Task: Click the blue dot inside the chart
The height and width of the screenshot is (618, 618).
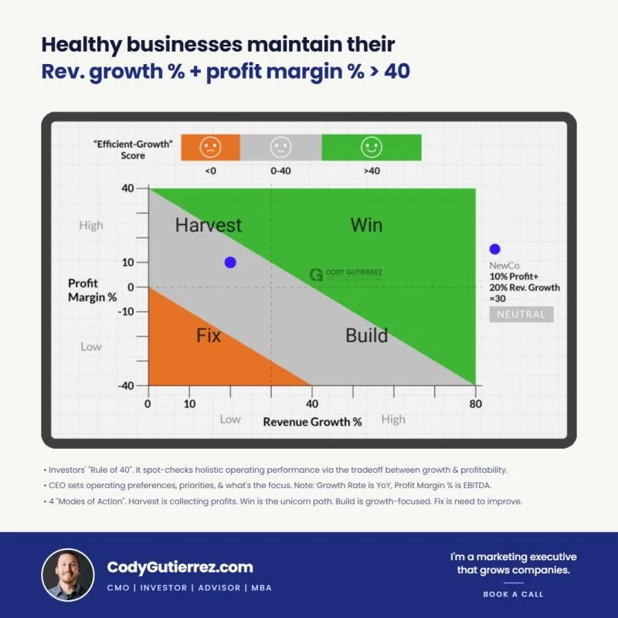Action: (x=230, y=262)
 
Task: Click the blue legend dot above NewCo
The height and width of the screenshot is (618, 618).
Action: (x=494, y=249)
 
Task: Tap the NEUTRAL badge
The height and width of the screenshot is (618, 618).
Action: (x=521, y=314)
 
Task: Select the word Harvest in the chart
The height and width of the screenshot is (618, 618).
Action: (x=208, y=225)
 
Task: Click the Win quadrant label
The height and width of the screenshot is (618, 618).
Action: (x=366, y=225)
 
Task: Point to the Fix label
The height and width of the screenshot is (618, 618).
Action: (x=209, y=336)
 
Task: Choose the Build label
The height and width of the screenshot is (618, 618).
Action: (x=366, y=336)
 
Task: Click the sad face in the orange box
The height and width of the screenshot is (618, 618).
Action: (x=210, y=147)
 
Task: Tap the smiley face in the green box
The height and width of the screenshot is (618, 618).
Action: (x=372, y=147)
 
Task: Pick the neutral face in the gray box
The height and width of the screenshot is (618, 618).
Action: (x=280, y=147)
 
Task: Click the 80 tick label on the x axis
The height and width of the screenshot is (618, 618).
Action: (x=475, y=404)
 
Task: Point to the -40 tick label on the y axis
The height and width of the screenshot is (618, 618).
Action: (x=126, y=385)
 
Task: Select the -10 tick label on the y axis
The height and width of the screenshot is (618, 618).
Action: (x=126, y=311)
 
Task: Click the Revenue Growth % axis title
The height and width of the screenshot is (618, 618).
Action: (x=312, y=422)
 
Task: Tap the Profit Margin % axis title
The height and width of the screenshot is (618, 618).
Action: (x=92, y=290)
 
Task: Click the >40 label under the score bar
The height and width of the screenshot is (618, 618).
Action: (x=372, y=171)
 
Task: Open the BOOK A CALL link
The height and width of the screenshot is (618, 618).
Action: (x=513, y=594)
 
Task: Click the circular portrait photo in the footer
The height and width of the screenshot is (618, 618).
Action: (x=68, y=575)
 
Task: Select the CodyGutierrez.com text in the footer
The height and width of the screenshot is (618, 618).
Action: (x=180, y=567)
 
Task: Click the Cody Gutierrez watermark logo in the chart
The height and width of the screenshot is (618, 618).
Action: (x=345, y=274)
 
